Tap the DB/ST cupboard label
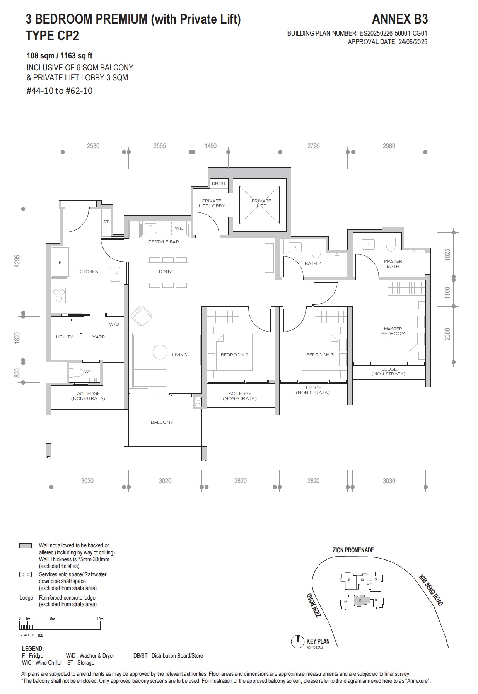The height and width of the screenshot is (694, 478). tap(219, 183)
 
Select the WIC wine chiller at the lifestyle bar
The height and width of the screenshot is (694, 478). tap(179, 228)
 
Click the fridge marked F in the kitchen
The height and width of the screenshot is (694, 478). tap(60, 262)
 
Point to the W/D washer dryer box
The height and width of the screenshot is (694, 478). tap(114, 324)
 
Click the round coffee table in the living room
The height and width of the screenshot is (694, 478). tap(160, 352)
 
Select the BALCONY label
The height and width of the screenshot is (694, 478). tap(162, 422)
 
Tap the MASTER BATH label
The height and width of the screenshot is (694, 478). tap(393, 263)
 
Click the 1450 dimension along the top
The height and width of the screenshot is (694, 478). tap(210, 146)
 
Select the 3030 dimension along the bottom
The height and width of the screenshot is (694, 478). tap(389, 481)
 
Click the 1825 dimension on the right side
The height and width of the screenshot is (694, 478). tap(447, 255)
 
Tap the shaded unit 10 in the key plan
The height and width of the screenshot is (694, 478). tap(360, 601)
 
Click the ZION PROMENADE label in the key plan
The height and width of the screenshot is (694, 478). tap(353, 550)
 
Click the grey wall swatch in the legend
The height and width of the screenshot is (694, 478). tap(26, 545)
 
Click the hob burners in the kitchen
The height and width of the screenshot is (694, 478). tap(59, 295)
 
